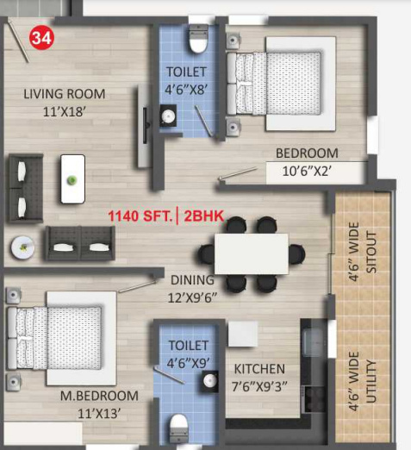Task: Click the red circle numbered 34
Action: [x=40, y=37]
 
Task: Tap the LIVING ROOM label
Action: [x=65, y=94]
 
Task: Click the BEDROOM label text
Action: [x=307, y=153]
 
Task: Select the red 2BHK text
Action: [x=203, y=216]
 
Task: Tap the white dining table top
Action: [x=251, y=253]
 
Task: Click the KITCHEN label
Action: [x=259, y=369]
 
